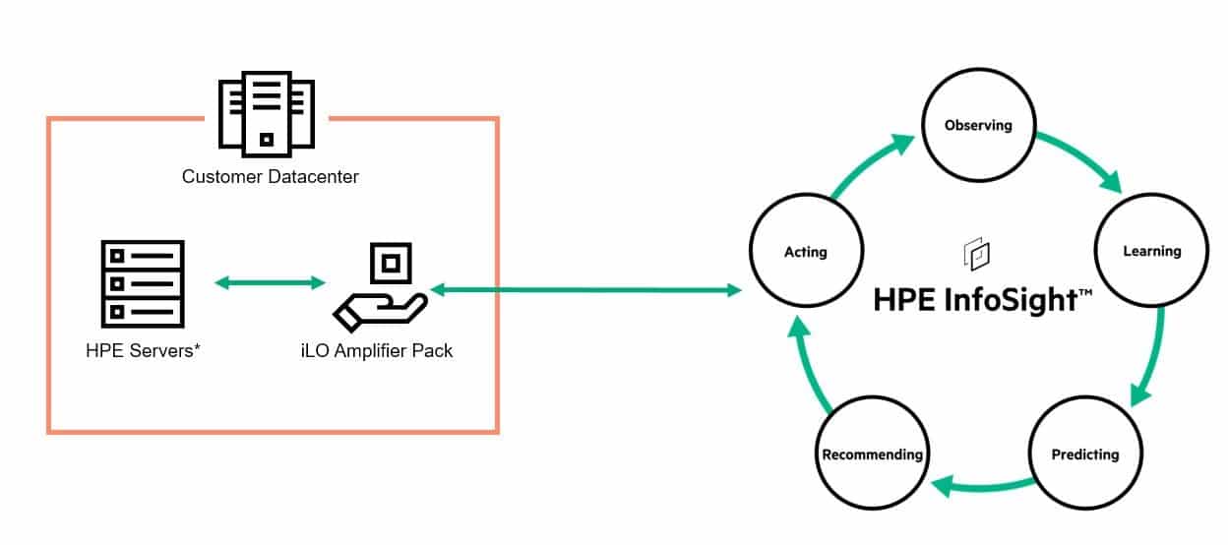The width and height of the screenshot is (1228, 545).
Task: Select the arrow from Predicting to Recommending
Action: pos(981,486)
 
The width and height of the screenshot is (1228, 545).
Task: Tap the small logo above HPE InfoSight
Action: pos(977,253)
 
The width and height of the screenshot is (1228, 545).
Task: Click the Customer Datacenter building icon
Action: pos(267,114)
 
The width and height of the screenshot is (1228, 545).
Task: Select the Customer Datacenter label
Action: pos(271,176)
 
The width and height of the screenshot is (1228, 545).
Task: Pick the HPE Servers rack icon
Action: pos(143,284)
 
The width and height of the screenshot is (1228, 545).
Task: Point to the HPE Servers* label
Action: pos(143,350)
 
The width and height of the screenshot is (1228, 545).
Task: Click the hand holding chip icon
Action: pos(381,287)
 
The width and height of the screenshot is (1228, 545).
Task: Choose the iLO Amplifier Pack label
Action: pos(377,350)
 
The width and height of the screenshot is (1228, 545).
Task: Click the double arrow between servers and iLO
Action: pos(270,283)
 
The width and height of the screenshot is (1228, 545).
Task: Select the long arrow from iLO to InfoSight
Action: pos(586,290)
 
